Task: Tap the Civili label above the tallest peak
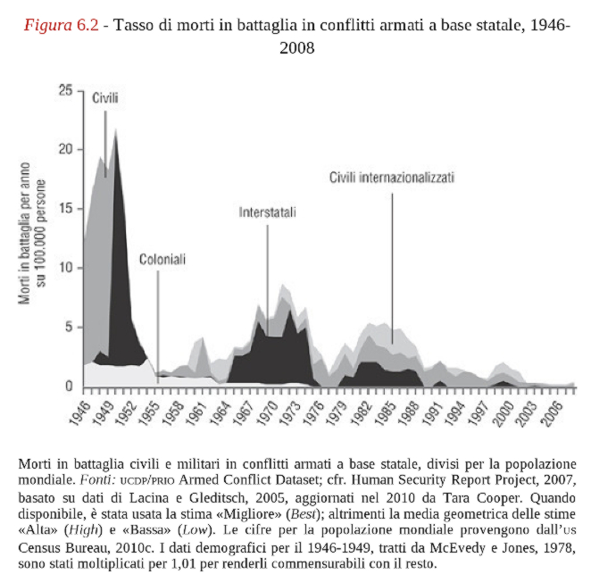(105, 98)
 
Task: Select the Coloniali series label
(162, 260)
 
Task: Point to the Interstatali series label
(267, 213)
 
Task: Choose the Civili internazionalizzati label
(391, 178)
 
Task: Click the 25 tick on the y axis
(65, 90)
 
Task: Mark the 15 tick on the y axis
(65, 209)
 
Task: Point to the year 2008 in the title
(295, 47)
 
